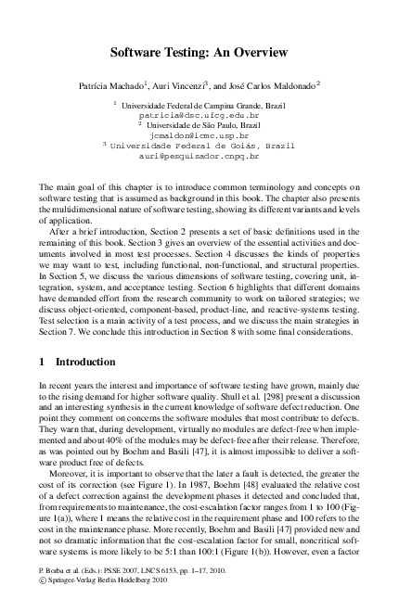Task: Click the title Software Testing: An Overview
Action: point(199,55)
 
